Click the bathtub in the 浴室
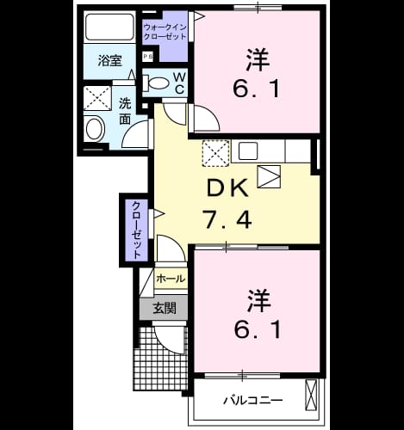(x=109, y=27)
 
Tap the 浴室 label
(x=109, y=61)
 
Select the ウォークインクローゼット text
(x=165, y=32)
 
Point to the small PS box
(x=148, y=57)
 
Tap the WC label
(x=179, y=83)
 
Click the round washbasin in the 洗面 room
(x=95, y=130)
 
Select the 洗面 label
(x=125, y=111)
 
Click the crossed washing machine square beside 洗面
(x=97, y=98)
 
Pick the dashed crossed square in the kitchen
(x=216, y=153)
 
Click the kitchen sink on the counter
(x=248, y=151)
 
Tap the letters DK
(x=227, y=187)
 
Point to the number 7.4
(x=227, y=219)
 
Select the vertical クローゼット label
(x=136, y=230)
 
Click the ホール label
(x=171, y=278)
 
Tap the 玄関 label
(x=165, y=309)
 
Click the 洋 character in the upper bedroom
(x=258, y=60)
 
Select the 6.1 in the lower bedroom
(x=257, y=329)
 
